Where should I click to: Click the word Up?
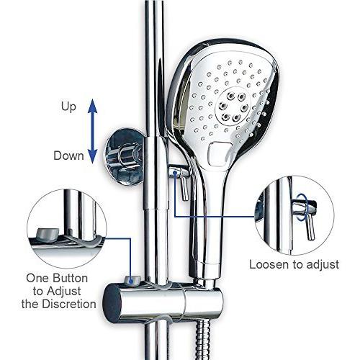coord(68,107)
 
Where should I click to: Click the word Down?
coord(68,156)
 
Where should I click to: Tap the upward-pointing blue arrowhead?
coord(93,106)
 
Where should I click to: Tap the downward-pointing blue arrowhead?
coord(93,156)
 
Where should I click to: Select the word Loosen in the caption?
coord(269,264)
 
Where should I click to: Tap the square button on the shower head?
coord(220,154)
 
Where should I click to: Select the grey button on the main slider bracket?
coord(132,280)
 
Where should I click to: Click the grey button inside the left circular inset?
coord(48,235)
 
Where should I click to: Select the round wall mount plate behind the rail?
coord(125,157)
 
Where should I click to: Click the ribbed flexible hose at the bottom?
coord(203,340)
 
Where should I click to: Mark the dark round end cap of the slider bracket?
coord(112,303)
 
